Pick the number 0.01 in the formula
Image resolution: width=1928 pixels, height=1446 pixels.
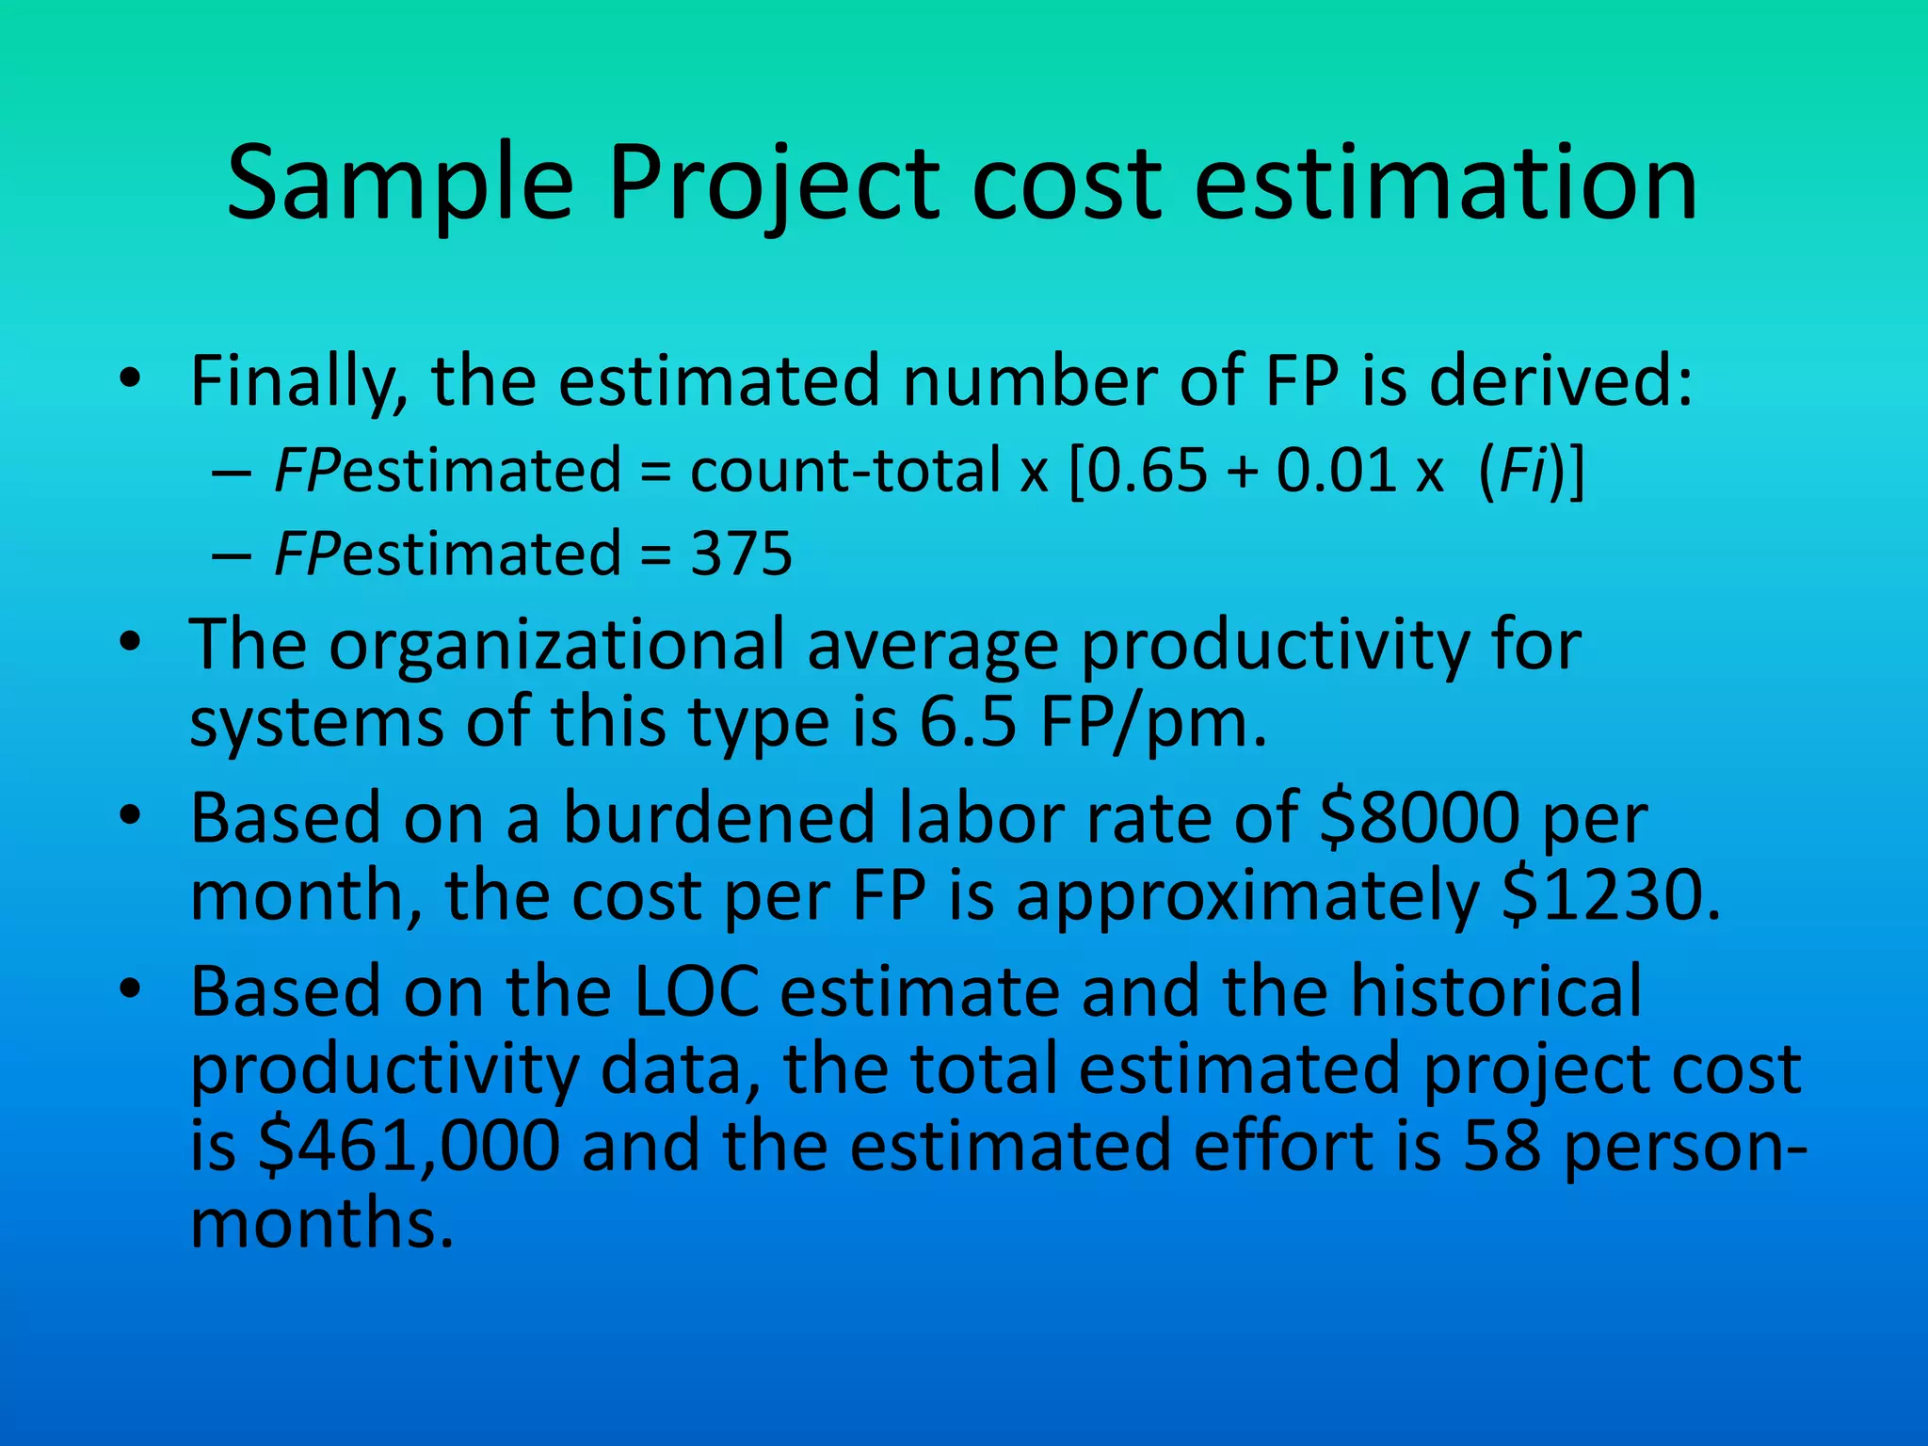point(1337,470)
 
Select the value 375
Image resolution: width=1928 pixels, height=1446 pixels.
point(742,554)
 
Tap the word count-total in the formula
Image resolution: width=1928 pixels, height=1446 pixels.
point(844,470)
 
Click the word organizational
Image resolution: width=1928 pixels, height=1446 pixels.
point(556,646)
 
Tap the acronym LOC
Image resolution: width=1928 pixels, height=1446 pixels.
point(698,991)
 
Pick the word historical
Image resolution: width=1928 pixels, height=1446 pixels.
point(1497,991)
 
